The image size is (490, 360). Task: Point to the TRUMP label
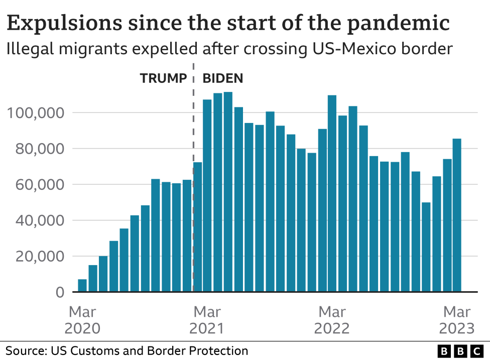pyautogui.click(x=163, y=78)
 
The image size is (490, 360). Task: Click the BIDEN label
pyautogui.click(x=222, y=78)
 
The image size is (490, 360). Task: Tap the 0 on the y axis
pyautogui.click(x=60, y=292)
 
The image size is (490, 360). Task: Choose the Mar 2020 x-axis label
pyautogui.click(x=82, y=320)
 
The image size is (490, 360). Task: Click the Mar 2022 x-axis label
pyautogui.click(x=332, y=320)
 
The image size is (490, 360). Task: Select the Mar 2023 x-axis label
pyautogui.click(x=456, y=320)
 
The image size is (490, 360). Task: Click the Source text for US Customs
pyautogui.click(x=127, y=350)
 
